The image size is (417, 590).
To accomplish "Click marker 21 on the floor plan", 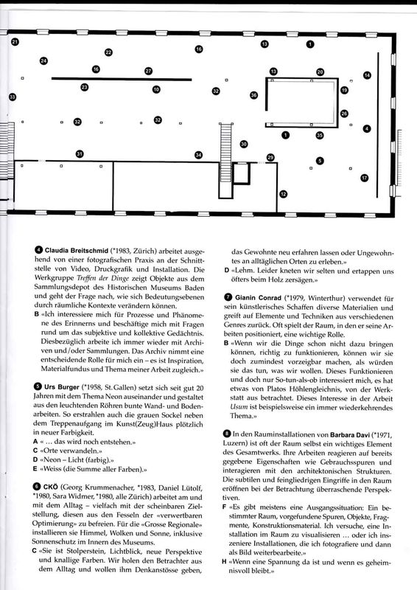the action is tap(15, 42).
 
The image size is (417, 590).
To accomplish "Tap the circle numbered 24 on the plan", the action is tap(43, 60).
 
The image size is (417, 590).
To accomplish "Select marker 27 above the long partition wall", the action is tap(149, 71).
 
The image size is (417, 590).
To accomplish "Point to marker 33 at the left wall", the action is tap(13, 97).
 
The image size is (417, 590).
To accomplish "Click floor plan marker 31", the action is tap(80, 153).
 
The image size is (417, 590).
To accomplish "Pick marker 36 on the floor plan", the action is tap(253, 95).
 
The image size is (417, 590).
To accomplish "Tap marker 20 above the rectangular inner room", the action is tap(320, 72).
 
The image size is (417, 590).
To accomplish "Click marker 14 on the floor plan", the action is tap(367, 75).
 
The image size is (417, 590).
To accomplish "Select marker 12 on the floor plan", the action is tap(283, 194).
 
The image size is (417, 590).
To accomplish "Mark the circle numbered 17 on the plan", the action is tap(365, 178).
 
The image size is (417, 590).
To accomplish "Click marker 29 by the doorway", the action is tap(270, 157).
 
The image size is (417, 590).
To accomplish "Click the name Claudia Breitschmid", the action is tap(77, 250).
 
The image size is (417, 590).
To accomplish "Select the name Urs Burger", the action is tap(62, 386).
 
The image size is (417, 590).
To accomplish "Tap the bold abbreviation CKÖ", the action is tap(51, 487).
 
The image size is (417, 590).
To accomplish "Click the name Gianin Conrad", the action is tap(258, 298).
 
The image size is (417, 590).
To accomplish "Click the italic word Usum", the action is tap(239, 408).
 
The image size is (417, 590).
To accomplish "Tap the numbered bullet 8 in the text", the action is tap(226, 434).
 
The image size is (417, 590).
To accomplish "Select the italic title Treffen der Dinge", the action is tap(102, 279).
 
